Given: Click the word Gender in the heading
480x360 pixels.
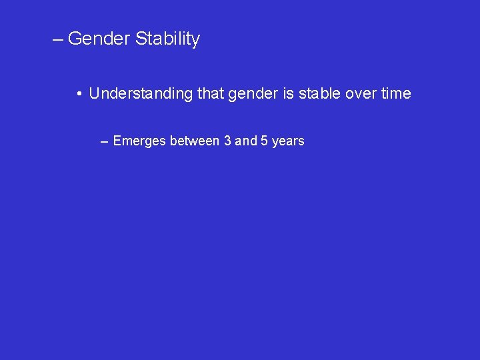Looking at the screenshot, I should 99,39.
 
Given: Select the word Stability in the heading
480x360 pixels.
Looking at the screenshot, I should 167,39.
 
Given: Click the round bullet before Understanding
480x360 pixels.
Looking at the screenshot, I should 79,94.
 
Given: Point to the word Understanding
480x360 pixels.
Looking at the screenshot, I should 141,94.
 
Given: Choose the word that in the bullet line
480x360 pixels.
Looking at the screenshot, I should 211,94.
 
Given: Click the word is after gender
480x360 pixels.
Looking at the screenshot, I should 288,94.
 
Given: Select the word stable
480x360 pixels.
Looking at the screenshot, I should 319,94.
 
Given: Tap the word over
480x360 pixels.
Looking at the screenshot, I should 361,94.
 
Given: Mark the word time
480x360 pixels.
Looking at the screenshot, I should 396,94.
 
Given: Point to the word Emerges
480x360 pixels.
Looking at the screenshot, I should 139,141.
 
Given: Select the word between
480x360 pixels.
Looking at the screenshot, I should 193,141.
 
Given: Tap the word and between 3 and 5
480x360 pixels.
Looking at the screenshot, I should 246,141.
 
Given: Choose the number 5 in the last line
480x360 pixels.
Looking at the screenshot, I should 265,141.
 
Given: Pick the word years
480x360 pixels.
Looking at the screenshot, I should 288,141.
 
